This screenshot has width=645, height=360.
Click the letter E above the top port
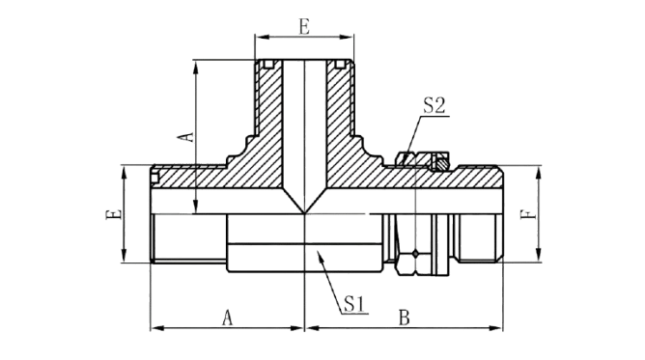click(304, 27)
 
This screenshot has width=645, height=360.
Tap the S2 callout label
click(435, 105)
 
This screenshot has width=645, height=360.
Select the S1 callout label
click(354, 304)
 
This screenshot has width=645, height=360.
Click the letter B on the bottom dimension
click(405, 318)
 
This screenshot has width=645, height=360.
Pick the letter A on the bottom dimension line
click(228, 318)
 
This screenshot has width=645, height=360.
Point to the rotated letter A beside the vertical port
click(186, 136)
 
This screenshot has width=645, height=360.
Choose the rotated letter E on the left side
click(113, 214)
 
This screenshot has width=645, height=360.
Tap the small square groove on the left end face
click(154, 178)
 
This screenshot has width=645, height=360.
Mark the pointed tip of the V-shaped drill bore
click(305, 213)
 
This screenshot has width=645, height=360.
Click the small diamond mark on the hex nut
click(416, 254)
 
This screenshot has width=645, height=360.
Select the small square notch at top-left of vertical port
click(268, 64)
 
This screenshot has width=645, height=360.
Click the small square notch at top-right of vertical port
click(340, 64)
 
